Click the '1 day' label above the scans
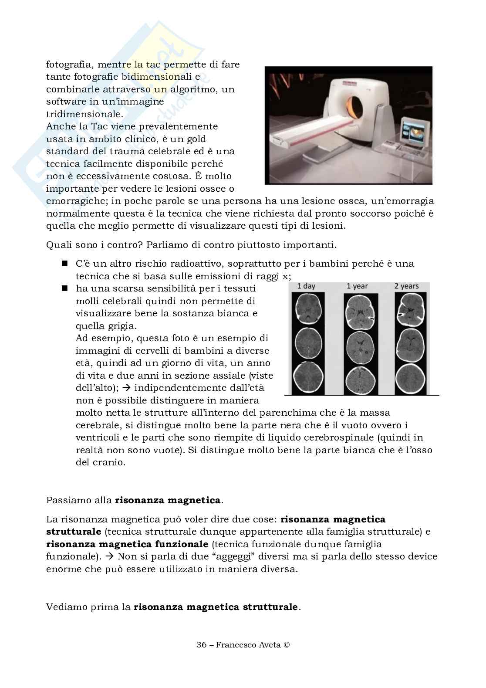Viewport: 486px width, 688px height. [x=306, y=286]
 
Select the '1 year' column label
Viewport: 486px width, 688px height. [x=357, y=286]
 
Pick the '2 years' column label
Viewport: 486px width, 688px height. [x=406, y=286]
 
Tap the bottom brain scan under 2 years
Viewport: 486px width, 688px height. [x=410, y=376]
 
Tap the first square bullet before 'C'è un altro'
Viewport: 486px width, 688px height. [x=65, y=264]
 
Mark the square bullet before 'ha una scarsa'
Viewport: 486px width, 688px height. [x=65, y=288]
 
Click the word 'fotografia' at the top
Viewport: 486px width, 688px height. [x=70, y=64]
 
